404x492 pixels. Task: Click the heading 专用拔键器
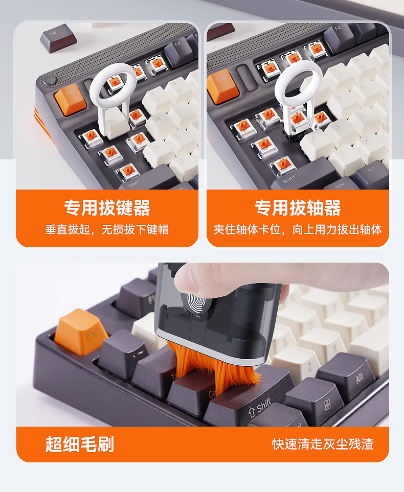[107, 208]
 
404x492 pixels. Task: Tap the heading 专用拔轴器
[298, 208]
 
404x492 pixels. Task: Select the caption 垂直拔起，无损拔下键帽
[107, 229]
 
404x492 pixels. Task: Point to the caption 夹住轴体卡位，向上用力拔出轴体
[298, 229]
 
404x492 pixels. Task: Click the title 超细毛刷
[79, 444]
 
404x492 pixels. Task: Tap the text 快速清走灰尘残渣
[323, 443]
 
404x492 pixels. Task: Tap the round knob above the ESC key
[49, 80]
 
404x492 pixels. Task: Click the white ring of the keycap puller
[113, 87]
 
